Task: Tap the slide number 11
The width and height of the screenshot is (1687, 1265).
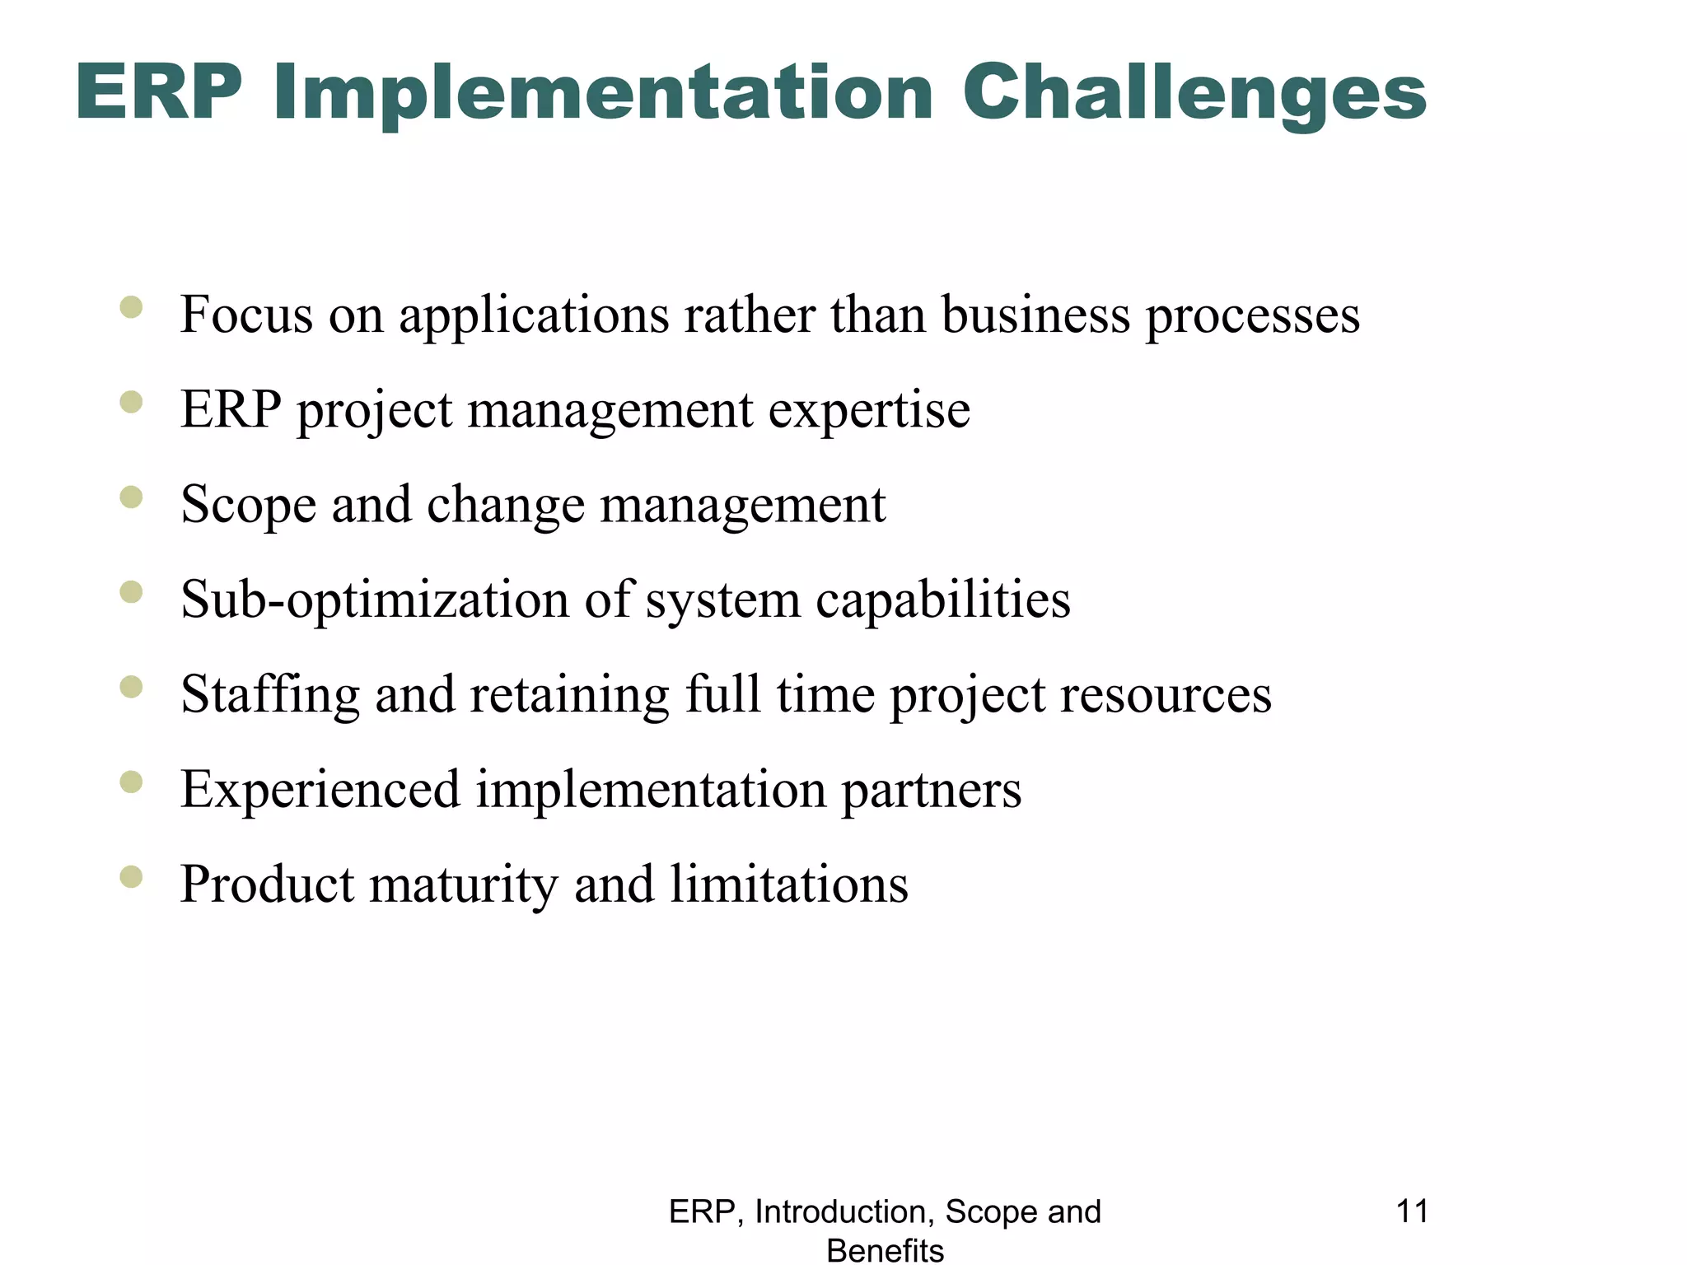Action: click(1412, 1211)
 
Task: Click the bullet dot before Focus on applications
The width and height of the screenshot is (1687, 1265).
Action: click(131, 308)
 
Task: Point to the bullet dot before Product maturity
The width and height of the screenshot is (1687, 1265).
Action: click(131, 877)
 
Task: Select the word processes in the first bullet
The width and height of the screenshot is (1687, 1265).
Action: click(1252, 316)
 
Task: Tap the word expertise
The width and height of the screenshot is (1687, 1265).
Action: click(869, 411)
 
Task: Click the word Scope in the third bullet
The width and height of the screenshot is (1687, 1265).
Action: click(248, 505)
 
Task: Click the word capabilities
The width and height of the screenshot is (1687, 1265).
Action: click(942, 600)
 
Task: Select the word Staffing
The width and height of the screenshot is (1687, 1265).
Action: click(270, 695)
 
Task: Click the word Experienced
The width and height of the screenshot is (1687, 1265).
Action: click(320, 790)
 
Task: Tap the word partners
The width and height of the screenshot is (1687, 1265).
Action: click(931, 790)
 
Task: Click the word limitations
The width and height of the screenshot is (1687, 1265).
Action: click(788, 885)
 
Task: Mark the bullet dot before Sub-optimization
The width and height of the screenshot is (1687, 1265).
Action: click(131, 592)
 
